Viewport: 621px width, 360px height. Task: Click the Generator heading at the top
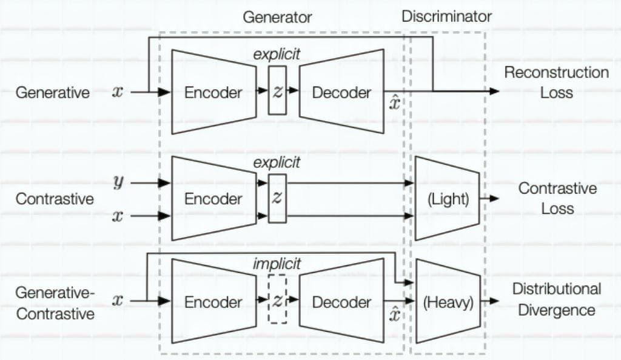pos(277,17)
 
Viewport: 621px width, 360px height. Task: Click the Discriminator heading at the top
pos(446,16)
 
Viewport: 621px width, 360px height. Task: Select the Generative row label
pos(53,93)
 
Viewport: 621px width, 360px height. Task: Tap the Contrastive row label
pos(55,199)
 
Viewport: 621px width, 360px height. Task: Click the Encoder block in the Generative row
pos(213,92)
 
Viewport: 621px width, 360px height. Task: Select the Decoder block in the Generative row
pos(341,92)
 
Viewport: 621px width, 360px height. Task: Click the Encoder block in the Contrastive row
pos(213,199)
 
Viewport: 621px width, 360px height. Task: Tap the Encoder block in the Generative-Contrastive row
pos(213,301)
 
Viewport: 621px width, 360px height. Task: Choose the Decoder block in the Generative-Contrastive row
pos(341,301)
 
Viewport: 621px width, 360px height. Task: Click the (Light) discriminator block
pos(448,199)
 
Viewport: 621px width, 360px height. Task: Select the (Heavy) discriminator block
pos(448,301)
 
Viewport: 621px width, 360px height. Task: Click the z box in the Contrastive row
pos(277,198)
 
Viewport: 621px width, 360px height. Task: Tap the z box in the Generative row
pos(277,91)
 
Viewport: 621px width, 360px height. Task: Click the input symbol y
pos(118,182)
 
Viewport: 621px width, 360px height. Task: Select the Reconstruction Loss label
pos(556,82)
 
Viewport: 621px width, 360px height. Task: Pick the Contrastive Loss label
pos(557,198)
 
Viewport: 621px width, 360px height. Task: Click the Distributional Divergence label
pos(557,299)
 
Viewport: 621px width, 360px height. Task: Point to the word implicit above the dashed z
pos(277,264)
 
